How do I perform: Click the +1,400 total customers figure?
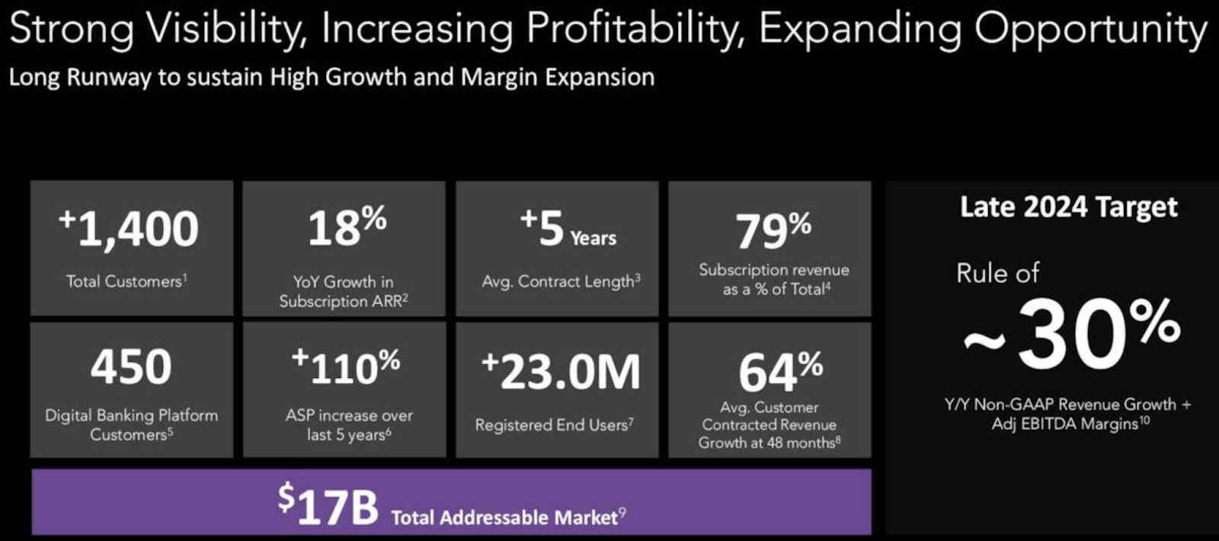(130, 229)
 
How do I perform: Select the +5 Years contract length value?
(568, 229)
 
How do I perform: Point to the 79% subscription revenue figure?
(773, 230)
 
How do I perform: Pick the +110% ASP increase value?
(346, 367)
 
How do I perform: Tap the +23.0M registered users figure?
(562, 372)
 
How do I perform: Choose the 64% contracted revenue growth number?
(780, 372)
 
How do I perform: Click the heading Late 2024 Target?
(1068, 207)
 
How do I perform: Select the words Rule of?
(997, 273)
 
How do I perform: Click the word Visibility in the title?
(227, 29)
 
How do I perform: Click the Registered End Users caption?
(554, 425)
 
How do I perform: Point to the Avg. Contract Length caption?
(561, 281)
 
